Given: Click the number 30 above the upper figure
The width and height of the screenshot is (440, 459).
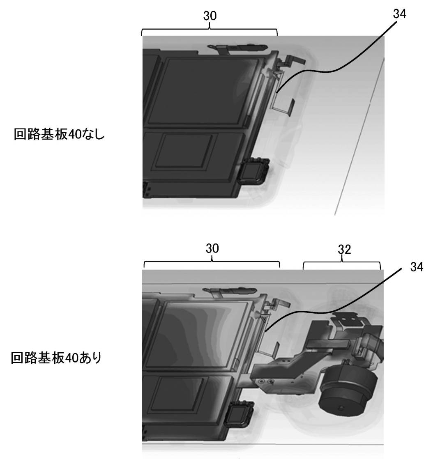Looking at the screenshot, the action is (x=210, y=16).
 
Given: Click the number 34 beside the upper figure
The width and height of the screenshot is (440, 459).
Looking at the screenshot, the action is (x=400, y=14).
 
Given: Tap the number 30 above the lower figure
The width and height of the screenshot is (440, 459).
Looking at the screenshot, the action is (x=212, y=248).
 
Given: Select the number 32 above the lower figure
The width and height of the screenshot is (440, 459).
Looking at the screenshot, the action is (x=344, y=249).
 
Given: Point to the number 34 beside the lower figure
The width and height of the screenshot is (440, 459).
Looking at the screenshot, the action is (x=417, y=267).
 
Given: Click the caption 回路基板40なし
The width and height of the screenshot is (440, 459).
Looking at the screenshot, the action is (x=59, y=134).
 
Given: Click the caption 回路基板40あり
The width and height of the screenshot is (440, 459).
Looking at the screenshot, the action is (x=56, y=358).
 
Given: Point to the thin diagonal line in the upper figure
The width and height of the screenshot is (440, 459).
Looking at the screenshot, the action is (x=359, y=136).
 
